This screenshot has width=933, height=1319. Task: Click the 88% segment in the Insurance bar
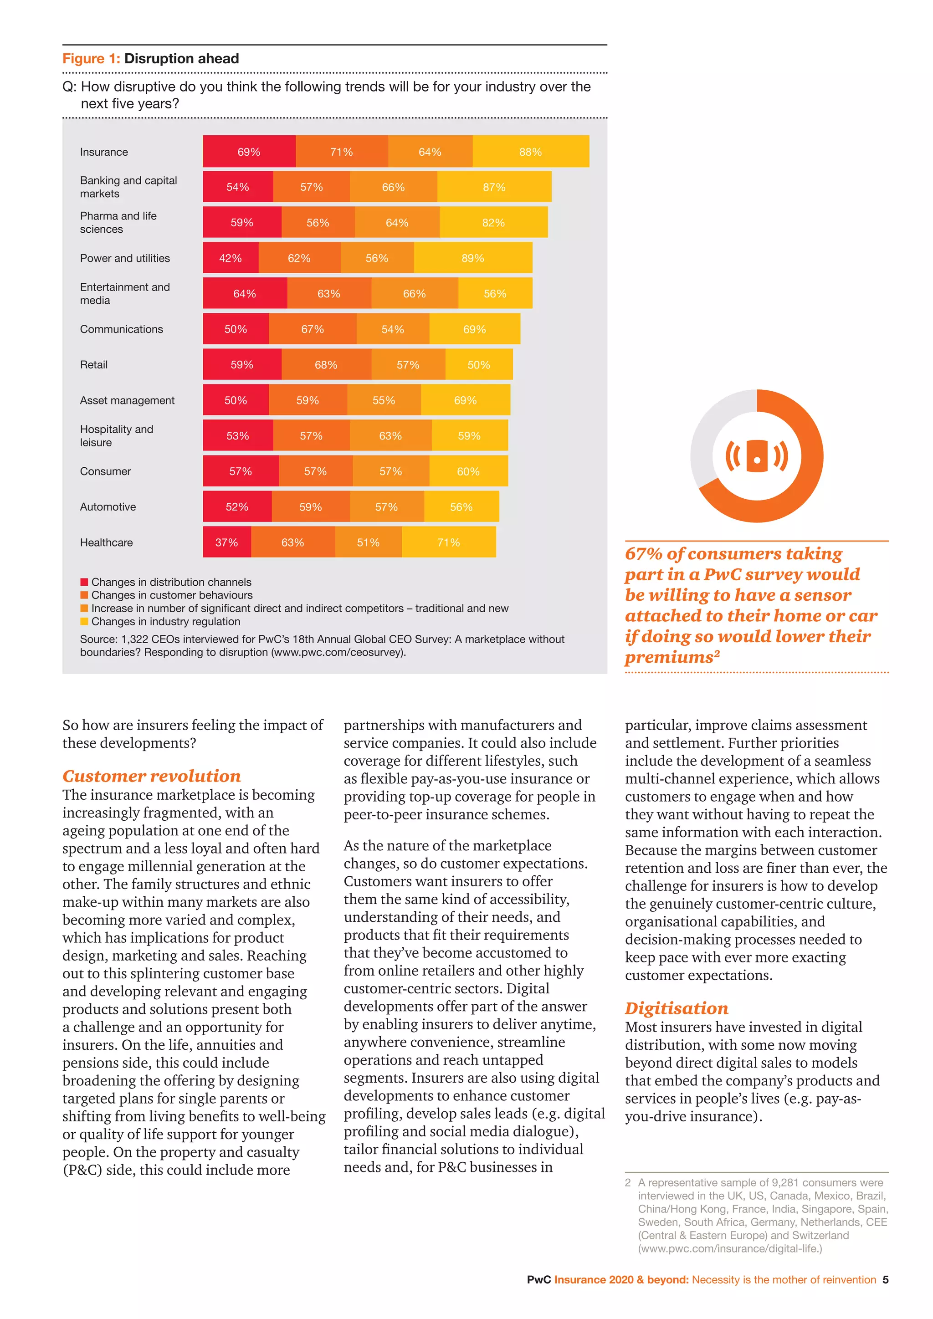pos(530,152)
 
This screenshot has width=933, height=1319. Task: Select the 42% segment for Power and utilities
pos(231,258)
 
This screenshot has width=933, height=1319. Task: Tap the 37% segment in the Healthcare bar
pos(226,542)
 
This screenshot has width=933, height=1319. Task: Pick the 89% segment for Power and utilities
pos(473,258)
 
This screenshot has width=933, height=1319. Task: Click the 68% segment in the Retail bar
pos(326,365)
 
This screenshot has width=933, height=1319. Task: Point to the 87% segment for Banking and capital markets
pos(494,187)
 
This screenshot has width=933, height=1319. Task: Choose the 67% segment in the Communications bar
pos(313,329)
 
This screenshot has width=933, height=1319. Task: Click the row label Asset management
pos(127,400)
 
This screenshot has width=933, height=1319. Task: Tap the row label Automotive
pos(108,506)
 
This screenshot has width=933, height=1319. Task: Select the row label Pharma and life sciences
pos(118,222)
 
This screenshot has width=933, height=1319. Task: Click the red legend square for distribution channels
pos(84,582)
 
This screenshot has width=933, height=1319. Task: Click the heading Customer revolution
pos(152,776)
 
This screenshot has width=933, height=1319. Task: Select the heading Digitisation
pos(676,1008)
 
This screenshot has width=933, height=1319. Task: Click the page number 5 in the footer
pos(885,1279)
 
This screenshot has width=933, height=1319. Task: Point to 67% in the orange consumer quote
pos(643,554)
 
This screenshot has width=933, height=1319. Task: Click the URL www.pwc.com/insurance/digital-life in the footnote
pos(730,1248)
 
